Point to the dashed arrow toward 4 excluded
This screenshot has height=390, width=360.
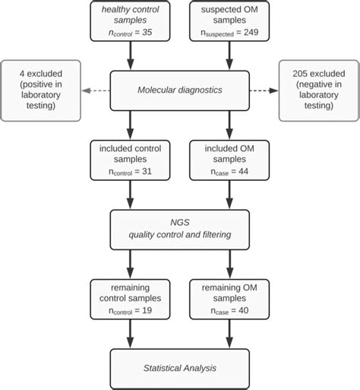[95, 91]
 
